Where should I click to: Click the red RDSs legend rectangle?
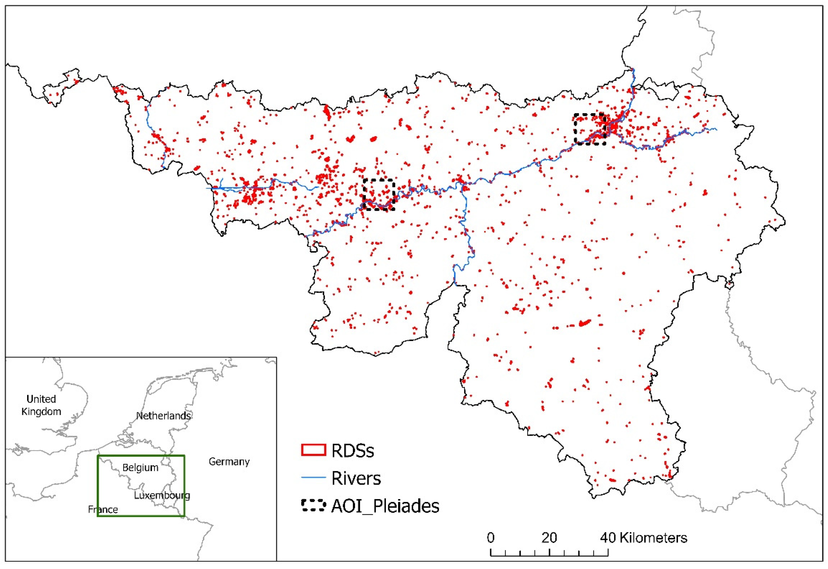click(x=313, y=450)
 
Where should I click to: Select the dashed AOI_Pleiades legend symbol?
click(x=313, y=506)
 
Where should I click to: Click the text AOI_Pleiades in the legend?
click(x=385, y=506)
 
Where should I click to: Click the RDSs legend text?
click(x=352, y=451)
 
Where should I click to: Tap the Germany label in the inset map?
click(x=229, y=462)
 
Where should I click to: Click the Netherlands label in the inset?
click(x=163, y=416)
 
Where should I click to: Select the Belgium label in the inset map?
click(x=140, y=467)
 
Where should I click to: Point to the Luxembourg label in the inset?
click(x=162, y=495)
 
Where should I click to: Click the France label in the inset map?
click(x=103, y=509)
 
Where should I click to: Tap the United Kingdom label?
click(x=41, y=405)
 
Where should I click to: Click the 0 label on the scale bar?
click(x=491, y=538)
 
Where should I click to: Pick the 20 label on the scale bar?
click(x=549, y=538)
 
